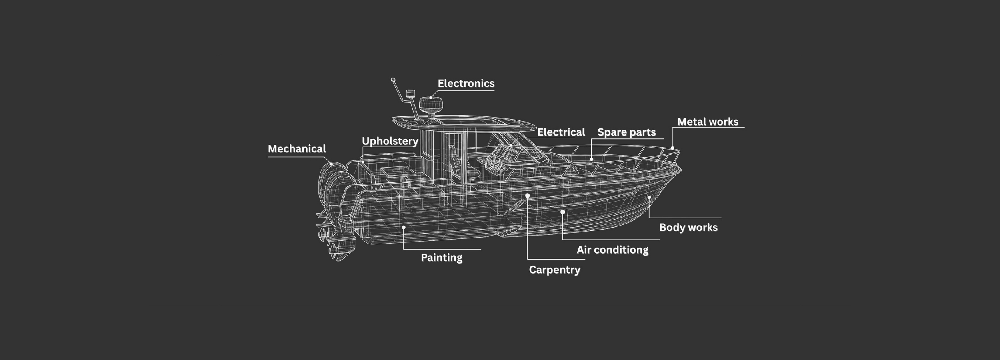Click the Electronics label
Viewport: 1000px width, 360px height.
[x=466, y=83]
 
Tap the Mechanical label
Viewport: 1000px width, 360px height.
[x=297, y=149]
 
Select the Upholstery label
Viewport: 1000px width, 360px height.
[x=390, y=141]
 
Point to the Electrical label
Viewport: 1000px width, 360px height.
[x=561, y=132]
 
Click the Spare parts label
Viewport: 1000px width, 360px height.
[x=626, y=132]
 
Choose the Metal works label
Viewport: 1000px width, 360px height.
[x=708, y=122]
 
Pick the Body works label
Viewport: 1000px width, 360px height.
[x=688, y=227]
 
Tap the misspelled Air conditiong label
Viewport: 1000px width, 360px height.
[x=612, y=250]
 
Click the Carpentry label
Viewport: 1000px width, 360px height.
[x=554, y=270]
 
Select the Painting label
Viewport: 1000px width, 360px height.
[x=441, y=257]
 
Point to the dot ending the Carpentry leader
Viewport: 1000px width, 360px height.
[x=527, y=196]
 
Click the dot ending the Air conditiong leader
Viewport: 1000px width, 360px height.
[x=562, y=212]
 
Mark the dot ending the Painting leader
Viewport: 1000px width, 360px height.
[x=404, y=227]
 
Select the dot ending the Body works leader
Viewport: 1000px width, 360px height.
[x=649, y=197]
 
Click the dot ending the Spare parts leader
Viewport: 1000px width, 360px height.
[x=591, y=159]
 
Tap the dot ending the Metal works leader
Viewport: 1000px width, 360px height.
[x=672, y=148]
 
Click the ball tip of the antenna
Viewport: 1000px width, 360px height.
[x=393, y=80]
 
